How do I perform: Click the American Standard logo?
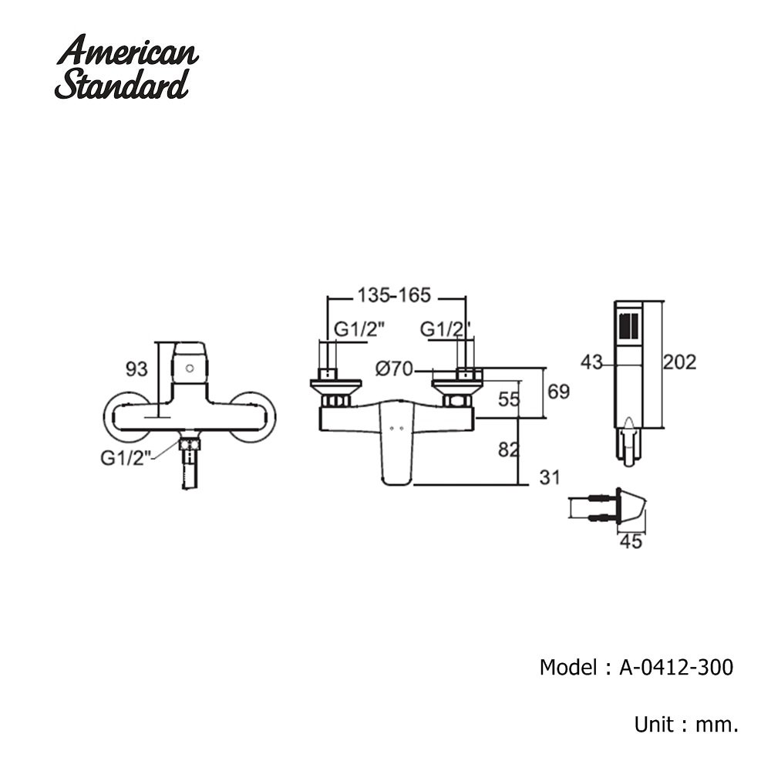pyautogui.click(x=127, y=68)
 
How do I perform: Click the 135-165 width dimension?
pyautogui.click(x=393, y=295)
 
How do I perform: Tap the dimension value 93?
pyautogui.click(x=136, y=369)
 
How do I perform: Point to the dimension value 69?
pyautogui.click(x=558, y=392)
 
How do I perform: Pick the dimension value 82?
pyautogui.click(x=509, y=449)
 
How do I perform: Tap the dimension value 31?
pyautogui.click(x=548, y=478)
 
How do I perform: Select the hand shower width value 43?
pyautogui.click(x=592, y=361)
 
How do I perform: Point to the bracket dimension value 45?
pyautogui.click(x=631, y=541)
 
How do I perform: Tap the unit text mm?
pyautogui.click(x=718, y=724)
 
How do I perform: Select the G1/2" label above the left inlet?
pyautogui.click(x=359, y=329)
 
